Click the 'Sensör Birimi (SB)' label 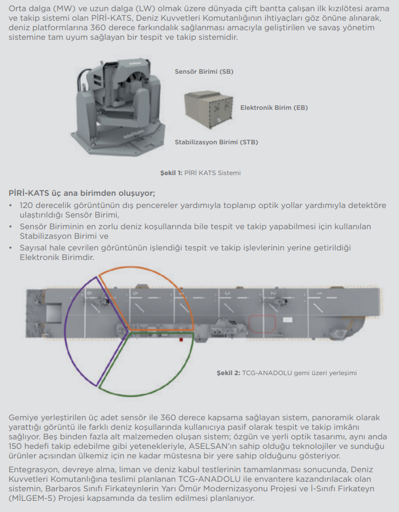point(204,72)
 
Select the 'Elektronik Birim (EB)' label point(274,108)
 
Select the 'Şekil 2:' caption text point(228,373)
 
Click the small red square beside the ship point(181,340)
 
